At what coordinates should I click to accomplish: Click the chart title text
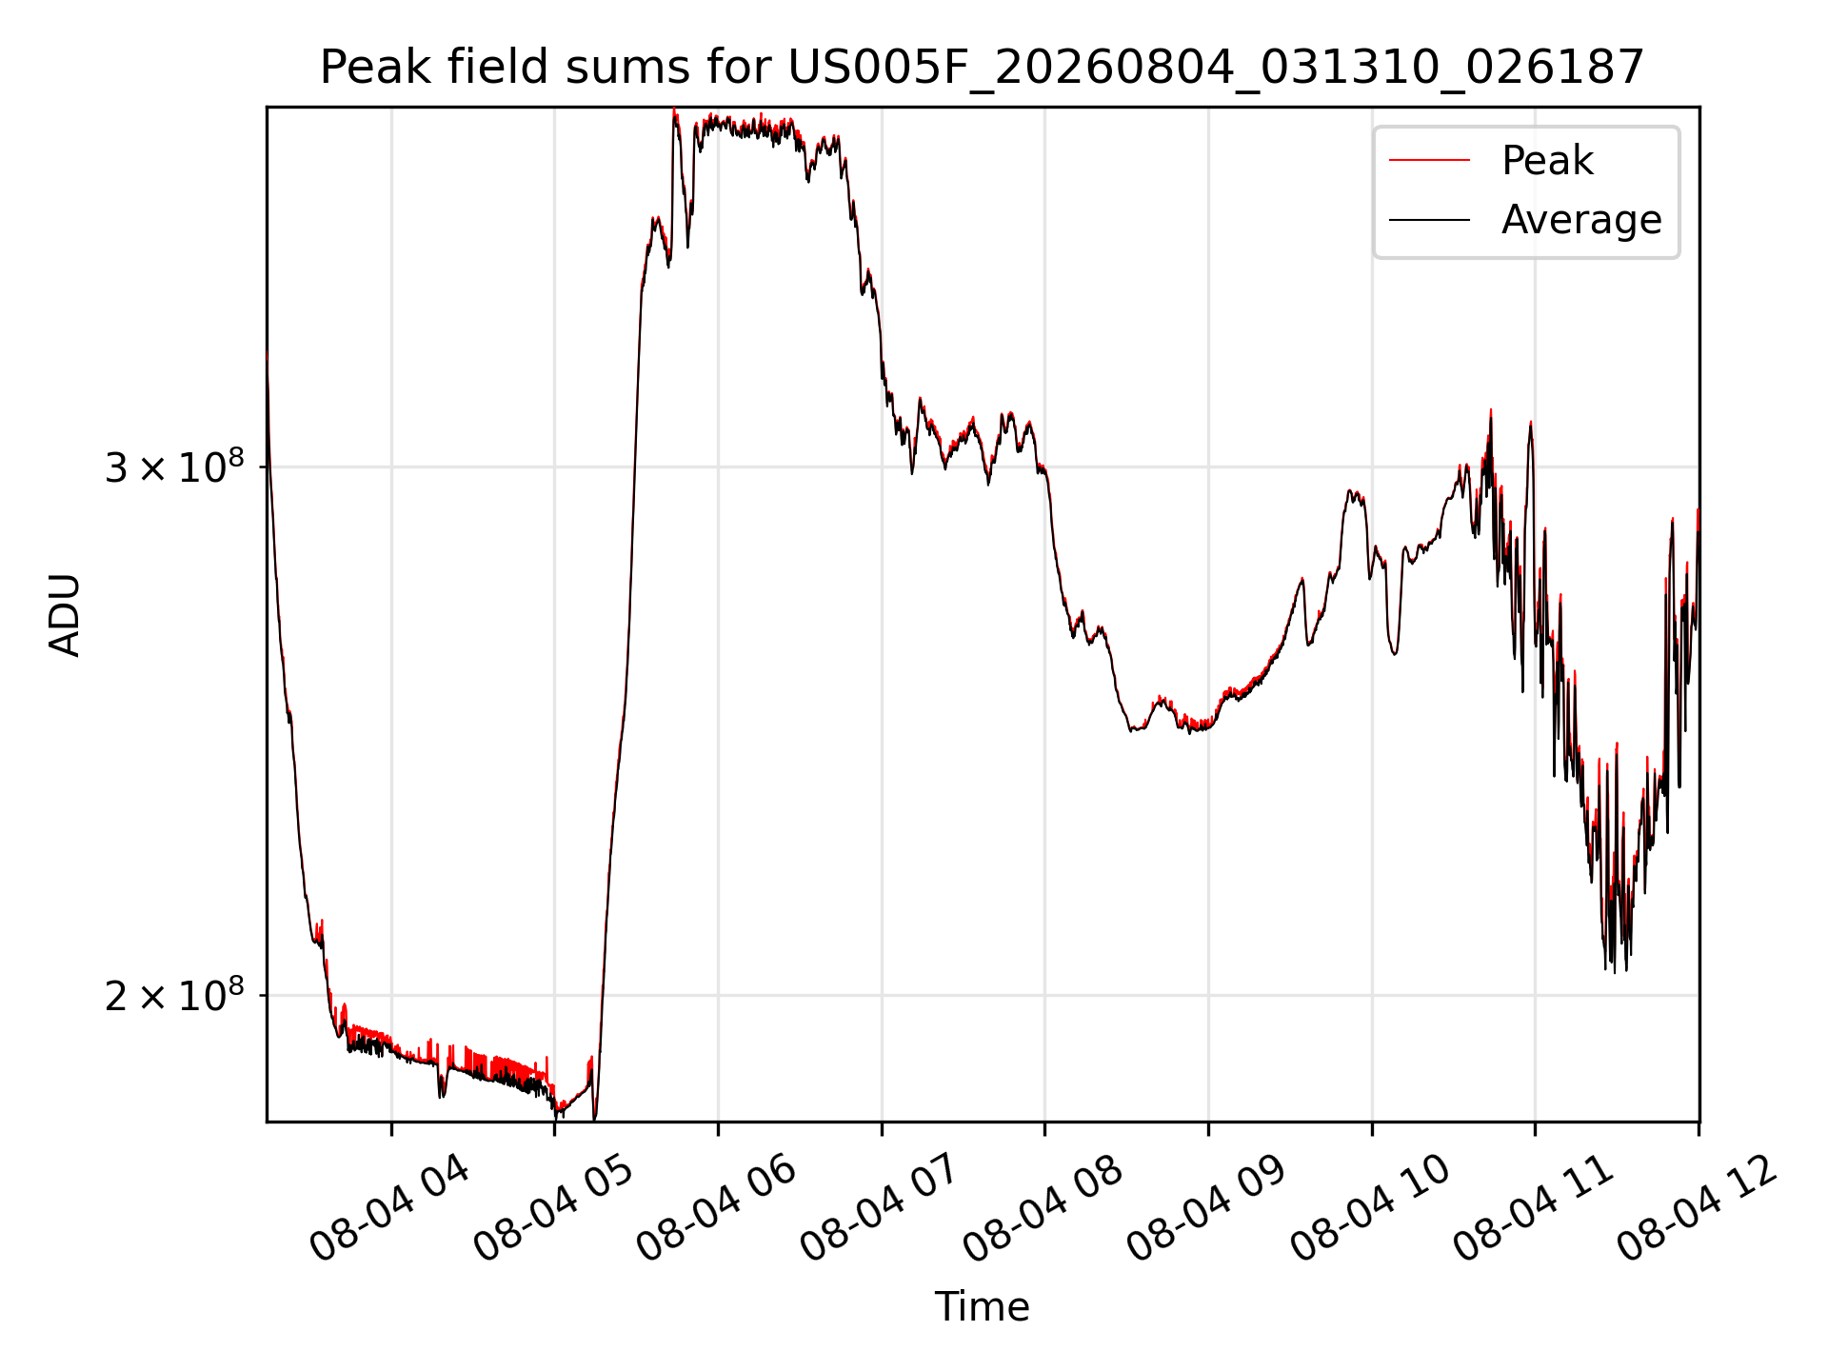[982, 67]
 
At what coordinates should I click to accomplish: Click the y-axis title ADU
[65, 615]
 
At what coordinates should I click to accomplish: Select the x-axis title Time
[982, 1306]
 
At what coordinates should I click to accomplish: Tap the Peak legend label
[1547, 160]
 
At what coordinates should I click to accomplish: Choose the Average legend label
[1581, 220]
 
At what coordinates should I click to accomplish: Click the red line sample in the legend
[1429, 161]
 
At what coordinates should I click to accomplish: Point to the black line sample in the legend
[1429, 220]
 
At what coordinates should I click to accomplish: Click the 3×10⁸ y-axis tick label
[174, 466]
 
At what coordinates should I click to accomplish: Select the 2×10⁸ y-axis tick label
[174, 995]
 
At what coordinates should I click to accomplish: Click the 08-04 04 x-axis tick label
[390, 1208]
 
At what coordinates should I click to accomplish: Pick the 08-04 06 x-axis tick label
[717, 1208]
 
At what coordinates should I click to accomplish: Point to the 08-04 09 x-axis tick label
[1207, 1208]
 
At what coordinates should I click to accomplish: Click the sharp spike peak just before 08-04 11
[1530, 422]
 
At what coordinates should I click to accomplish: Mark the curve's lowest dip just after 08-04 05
[595, 1118]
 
